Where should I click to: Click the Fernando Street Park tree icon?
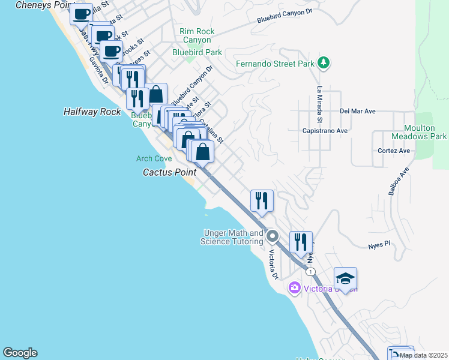coord(324,63)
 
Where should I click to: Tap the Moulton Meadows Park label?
coord(419,132)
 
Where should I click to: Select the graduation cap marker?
coord(345,278)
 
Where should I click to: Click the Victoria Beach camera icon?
coord(294,288)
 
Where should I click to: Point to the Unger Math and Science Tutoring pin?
coord(273,236)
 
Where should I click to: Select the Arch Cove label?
coord(154,158)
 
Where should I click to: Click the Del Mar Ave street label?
coord(357,111)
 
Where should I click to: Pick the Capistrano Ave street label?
coord(325,130)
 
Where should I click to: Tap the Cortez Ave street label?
coord(394,151)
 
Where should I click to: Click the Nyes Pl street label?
coord(379,245)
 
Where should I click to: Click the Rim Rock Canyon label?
coord(196,35)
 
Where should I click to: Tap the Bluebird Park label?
coord(197,52)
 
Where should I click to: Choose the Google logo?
coord(20,353)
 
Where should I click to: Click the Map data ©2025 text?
coord(423,355)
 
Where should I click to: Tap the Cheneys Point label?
coord(38,5)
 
